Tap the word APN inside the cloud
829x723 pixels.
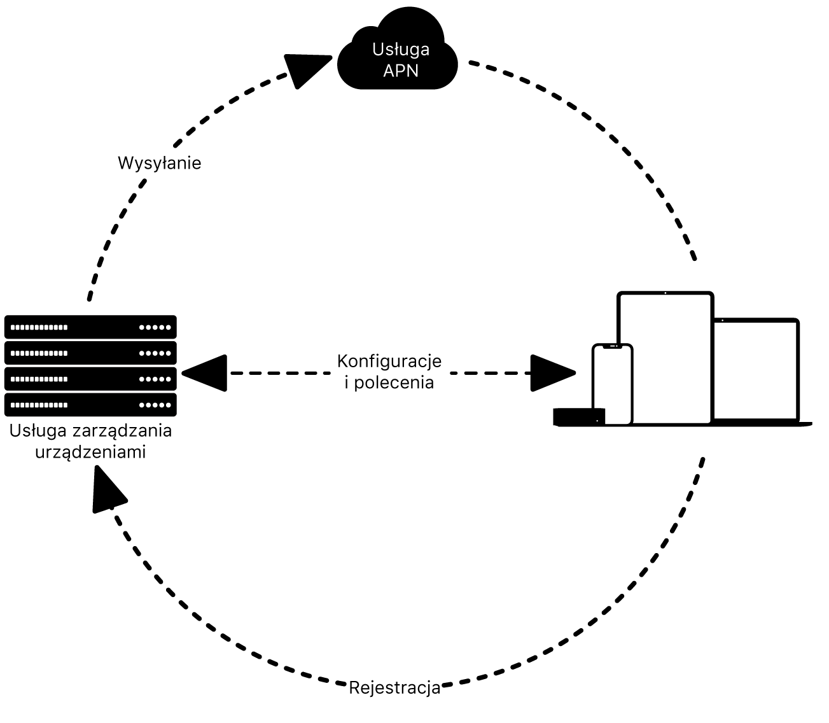tap(401, 70)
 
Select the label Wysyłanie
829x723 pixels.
tap(160, 163)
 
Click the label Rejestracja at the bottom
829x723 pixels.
tap(394, 688)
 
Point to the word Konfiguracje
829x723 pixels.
tap(389, 361)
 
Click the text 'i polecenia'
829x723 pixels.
tap(389, 383)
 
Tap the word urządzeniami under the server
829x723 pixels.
tap(90, 452)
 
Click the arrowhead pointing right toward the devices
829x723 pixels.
tap(551, 373)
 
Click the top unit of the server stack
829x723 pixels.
tap(90, 327)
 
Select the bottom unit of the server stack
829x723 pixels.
tap(90, 405)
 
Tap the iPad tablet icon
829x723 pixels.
tap(665, 356)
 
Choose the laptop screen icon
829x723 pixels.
tap(756, 369)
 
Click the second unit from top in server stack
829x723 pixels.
tap(90, 353)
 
